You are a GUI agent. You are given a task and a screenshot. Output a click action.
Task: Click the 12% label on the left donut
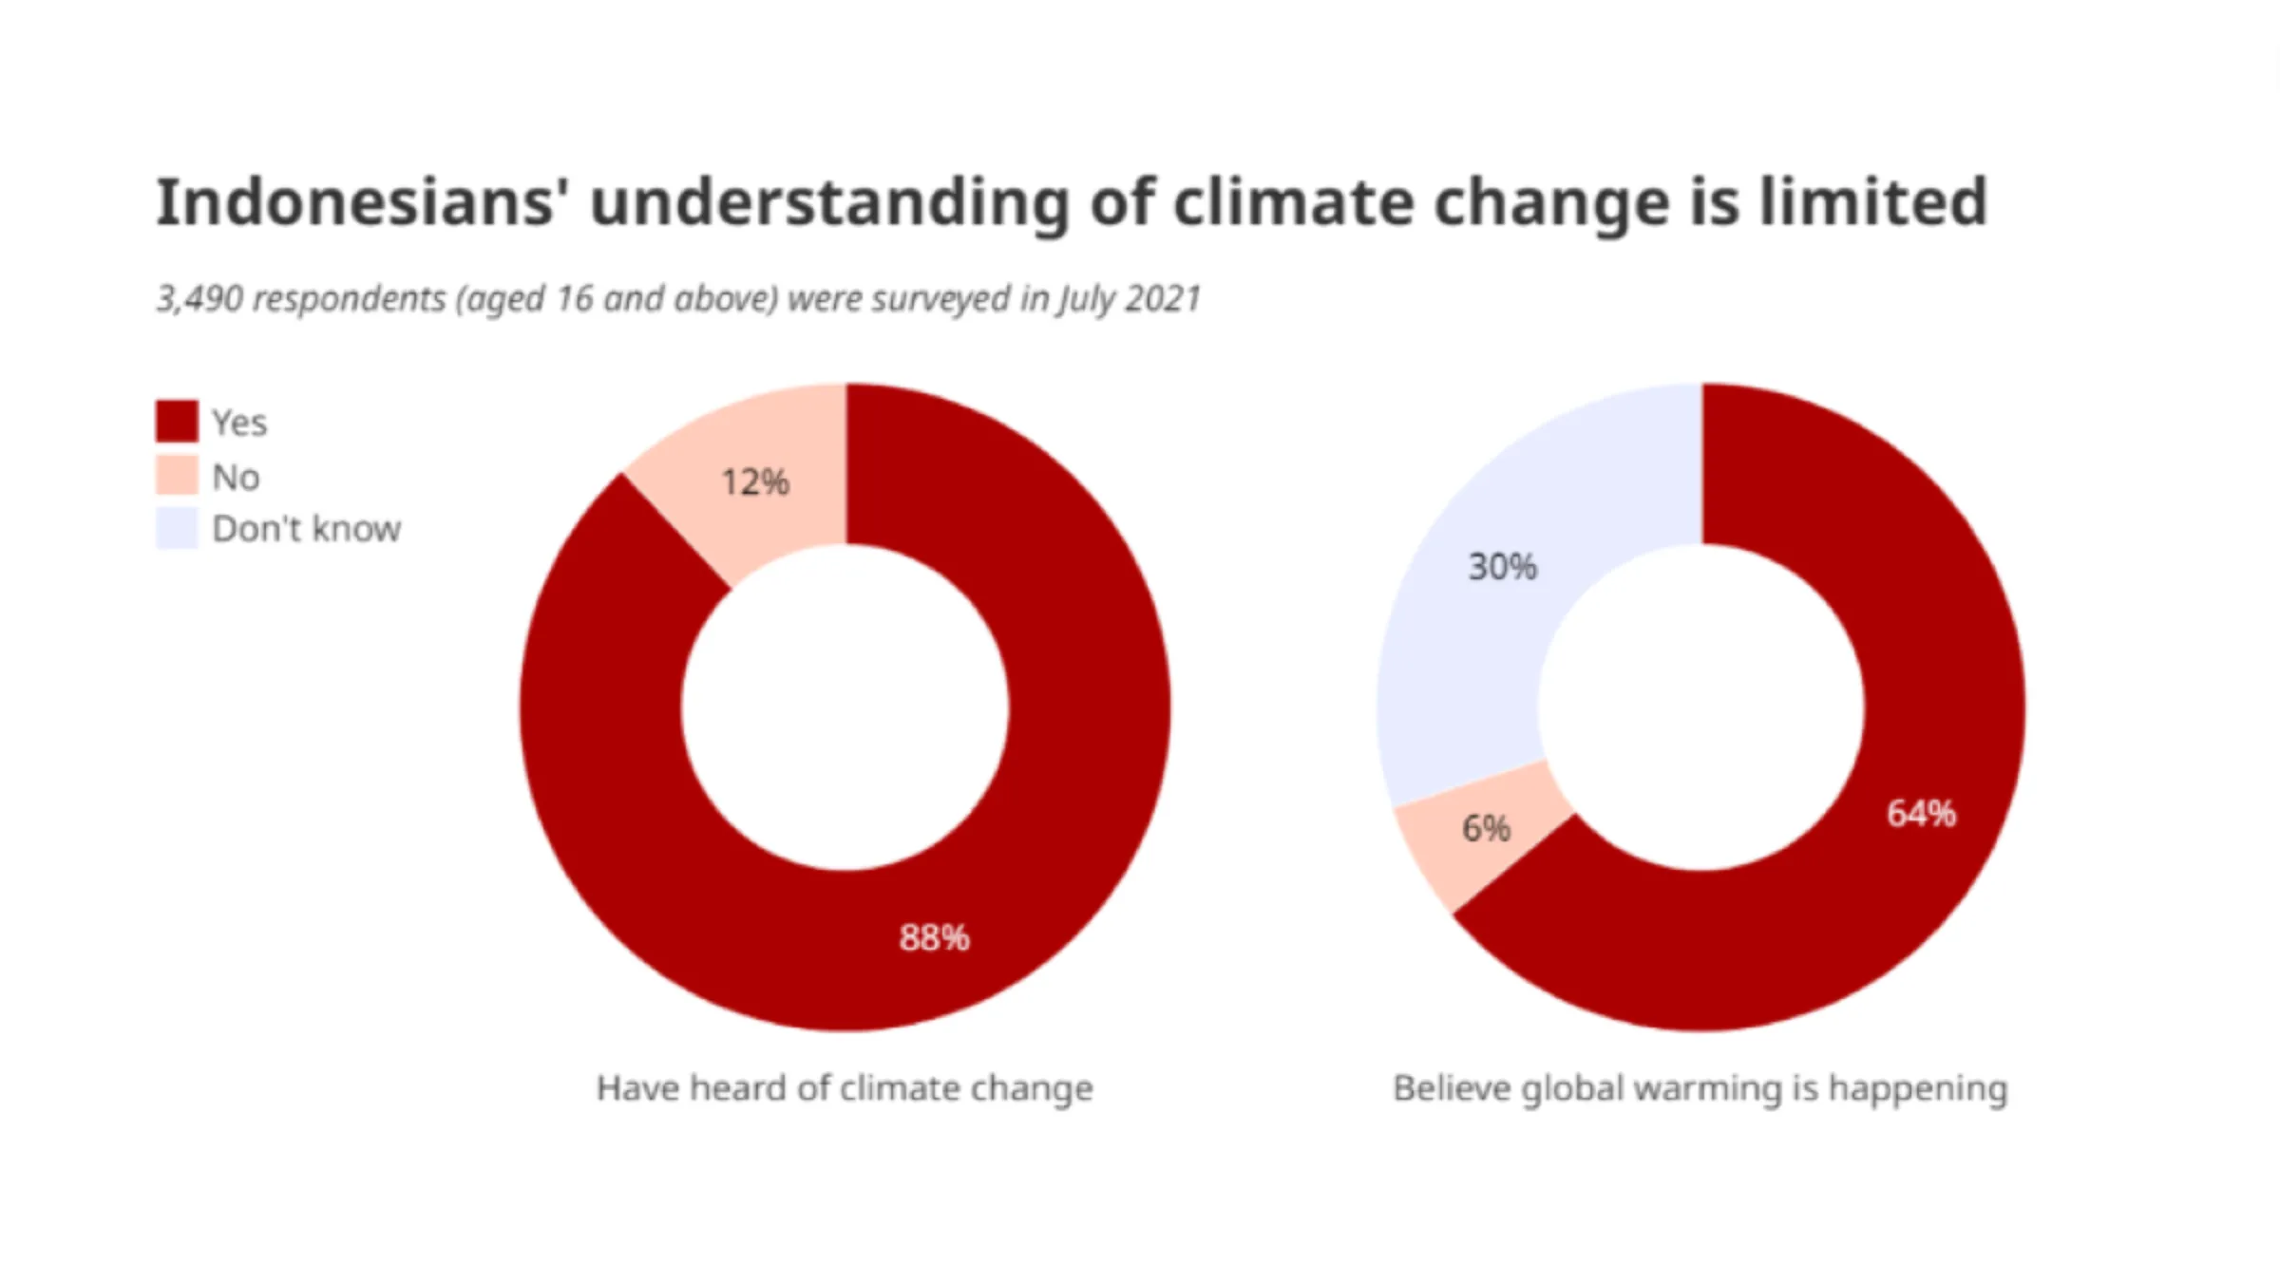(755, 482)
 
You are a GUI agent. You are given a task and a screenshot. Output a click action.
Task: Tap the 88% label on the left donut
(934, 938)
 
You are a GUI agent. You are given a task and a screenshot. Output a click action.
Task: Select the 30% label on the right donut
(1502, 567)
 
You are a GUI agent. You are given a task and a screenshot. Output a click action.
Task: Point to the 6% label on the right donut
(1486, 828)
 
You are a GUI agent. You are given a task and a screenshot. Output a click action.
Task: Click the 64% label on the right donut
(1921, 814)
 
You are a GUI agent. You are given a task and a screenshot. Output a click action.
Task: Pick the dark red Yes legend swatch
(178, 421)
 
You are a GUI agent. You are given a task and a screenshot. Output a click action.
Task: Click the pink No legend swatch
(178, 476)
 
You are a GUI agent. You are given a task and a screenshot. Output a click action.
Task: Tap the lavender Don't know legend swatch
(178, 528)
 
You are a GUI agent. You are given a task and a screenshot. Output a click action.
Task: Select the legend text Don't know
(306, 529)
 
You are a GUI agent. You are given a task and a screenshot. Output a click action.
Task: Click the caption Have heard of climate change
(845, 1088)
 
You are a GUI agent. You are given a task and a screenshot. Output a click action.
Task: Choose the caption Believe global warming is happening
(1700, 1088)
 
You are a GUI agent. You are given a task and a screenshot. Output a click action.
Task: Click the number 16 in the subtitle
(574, 299)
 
